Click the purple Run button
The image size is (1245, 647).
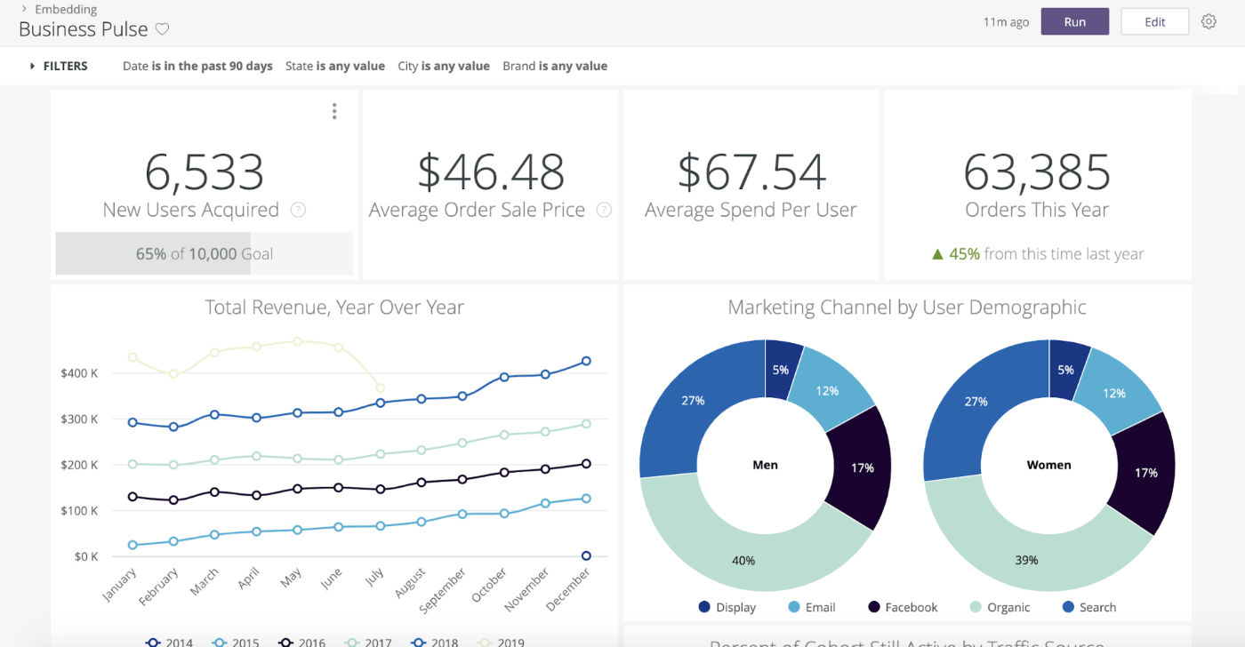(1074, 22)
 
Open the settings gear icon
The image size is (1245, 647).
(1209, 22)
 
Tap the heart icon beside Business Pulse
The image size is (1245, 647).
(162, 29)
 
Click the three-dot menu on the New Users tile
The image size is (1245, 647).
(334, 111)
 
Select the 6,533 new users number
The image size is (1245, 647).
(205, 172)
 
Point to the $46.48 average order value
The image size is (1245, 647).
(491, 172)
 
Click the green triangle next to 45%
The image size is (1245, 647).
(937, 254)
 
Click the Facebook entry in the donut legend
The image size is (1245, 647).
(902, 607)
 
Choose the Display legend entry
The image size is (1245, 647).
(727, 607)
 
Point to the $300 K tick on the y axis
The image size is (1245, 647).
(79, 419)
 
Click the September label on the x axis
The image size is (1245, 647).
(443, 591)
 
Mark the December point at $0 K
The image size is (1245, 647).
(586, 556)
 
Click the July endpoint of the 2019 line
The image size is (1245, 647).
(381, 388)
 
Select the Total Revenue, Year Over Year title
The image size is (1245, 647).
(334, 308)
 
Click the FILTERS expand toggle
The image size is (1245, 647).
(33, 66)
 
